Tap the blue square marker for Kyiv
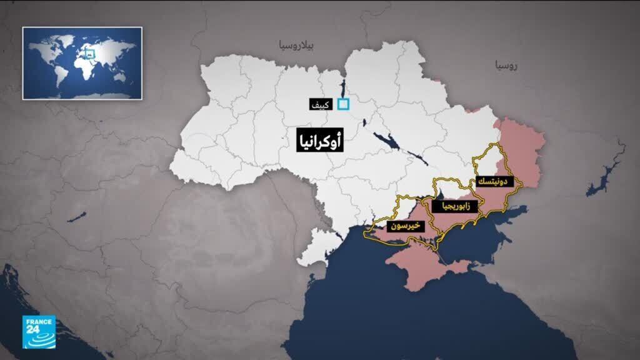342,104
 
